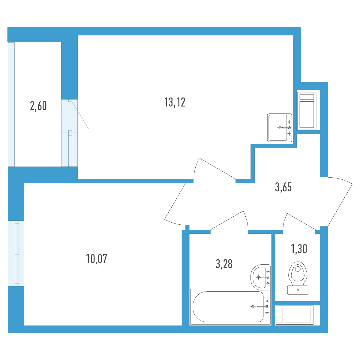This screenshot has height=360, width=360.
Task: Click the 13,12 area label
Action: pyautogui.click(x=175, y=103)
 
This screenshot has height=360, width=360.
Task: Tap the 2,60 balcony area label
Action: pyautogui.click(x=38, y=106)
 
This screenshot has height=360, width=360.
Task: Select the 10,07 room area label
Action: pyautogui.click(x=97, y=259)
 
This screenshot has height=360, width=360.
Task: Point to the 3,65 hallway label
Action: pyautogui.click(x=283, y=187)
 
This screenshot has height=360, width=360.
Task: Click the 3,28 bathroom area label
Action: pyautogui.click(x=224, y=264)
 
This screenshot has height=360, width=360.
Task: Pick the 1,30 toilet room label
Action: pyautogui.click(x=299, y=249)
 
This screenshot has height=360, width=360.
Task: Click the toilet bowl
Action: pyautogui.click(x=298, y=271)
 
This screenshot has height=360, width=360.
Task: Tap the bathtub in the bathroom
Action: pyautogui.click(x=230, y=307)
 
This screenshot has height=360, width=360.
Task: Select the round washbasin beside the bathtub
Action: pyautogui.click(x=260, y=277)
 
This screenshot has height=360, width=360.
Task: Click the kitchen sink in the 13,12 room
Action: pyautogui.click(x=280, y=127)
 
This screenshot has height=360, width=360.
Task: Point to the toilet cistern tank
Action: pyautogui.click(x=298, y=290)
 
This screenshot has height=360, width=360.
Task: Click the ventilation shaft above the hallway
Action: pyautogui.click(x=307, y=111)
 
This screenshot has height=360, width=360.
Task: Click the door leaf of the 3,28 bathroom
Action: pyautogui.click(x=226, y=220)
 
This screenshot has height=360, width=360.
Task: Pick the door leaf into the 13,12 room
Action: pyautogui.click(x=217, y=169)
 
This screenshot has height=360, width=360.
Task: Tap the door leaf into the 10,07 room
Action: pyautogui.click(x=175, y=201)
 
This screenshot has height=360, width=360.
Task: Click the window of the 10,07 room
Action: pyautogui.click(x=16, y=253)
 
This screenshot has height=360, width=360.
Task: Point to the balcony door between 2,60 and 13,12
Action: pyautogui.click(x=70, y=133)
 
